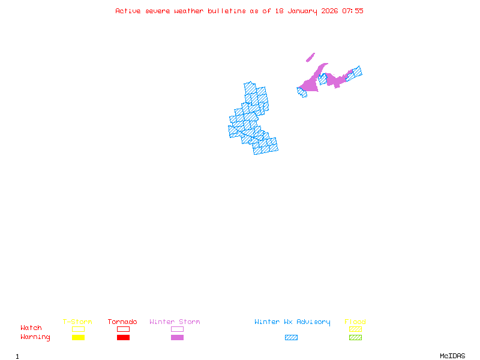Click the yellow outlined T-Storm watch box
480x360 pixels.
(78, 329)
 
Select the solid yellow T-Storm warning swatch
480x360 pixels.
(78, 338)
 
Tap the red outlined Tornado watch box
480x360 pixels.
(123, 329)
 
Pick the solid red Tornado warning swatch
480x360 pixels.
(123, 338)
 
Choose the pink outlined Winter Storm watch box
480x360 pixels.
(177, 329)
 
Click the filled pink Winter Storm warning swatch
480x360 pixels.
(177, 338)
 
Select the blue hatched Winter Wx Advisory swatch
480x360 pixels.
(291, 338)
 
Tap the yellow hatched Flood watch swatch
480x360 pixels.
(355, 329)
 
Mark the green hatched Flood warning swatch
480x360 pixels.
(355, 338)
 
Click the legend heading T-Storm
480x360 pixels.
(77, 322)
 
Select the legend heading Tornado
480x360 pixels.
(122, 322)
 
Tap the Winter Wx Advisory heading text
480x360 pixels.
(292, 322)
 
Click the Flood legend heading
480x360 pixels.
(355, 322)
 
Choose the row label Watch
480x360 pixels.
(31, 328)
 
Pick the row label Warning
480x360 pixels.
(35, 337)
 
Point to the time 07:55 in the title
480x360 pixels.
(353, 11)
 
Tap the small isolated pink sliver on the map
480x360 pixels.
(310, 58)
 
